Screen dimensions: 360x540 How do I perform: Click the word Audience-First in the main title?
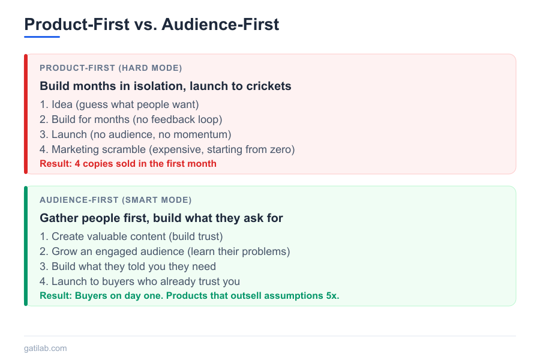click(220, 24)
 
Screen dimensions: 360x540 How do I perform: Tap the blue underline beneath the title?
click(42, 37)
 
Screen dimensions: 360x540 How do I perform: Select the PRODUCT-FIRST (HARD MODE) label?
click(110, 68)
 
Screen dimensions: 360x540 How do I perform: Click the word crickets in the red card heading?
click(268, 86)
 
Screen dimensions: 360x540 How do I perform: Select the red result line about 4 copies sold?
click(128, 163)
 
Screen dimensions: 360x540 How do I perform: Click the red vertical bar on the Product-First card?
click(26, 114)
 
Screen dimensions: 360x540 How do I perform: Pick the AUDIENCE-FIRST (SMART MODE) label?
click(115, 200)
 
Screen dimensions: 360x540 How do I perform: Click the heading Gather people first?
click(161, 218)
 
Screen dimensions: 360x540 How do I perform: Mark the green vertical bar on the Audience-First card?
click(26, 246)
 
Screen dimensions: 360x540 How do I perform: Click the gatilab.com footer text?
click(46, 348)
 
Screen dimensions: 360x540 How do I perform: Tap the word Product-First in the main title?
click(76, 24)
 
